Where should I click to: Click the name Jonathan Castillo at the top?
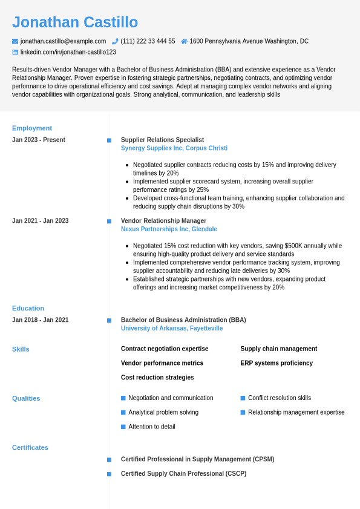[75, 22]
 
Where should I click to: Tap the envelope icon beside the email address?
[15, 41]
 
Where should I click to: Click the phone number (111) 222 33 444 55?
[148, 41]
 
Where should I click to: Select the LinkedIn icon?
[15, 52]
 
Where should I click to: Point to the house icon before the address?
[184, 41]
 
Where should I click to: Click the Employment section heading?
[32, 128]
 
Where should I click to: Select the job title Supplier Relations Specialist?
[162, 140]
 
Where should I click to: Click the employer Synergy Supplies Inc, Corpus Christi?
[174, 148]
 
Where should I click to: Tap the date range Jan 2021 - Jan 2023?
[40, 221]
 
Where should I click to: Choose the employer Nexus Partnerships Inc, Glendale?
[169, 229]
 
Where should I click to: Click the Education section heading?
[28, 309]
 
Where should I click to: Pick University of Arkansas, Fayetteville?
[172, 329]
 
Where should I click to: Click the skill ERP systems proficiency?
[277, 363]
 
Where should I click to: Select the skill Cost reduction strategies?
[157, 378]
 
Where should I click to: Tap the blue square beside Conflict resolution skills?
[243, 398]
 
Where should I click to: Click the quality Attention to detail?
[152, 427]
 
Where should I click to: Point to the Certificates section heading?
[30, 448]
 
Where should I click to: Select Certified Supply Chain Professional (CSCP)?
[183, 474]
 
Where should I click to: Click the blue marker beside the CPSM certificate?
[109, 460]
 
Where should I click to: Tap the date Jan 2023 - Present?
[39, 140]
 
